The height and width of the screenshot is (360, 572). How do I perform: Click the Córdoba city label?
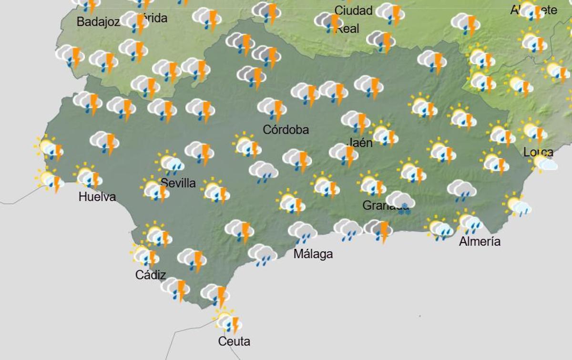pyautogui.click(x=286, y=130)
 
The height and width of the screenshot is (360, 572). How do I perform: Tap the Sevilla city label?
pyautogui.click(x=178, y=183)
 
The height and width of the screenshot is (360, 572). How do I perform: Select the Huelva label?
pyautogui.click(x=97, y=196)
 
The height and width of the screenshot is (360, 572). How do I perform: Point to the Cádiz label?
pyautogui.click(x=151, y=275)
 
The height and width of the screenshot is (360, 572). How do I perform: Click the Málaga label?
pyautogui.click(x=313, y=254)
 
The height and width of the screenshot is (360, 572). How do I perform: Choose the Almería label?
pyautogui.click(x=480, y=242)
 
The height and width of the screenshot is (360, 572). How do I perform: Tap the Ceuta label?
pyautogui.click(x=234, y=341)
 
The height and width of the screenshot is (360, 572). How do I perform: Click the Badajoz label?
pyautogui.click(x=98, y=22)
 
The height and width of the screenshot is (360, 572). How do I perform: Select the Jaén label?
pyautogui.click(x=360, y=143)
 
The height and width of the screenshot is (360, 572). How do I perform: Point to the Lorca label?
pyautogui.click(x=538, y=153)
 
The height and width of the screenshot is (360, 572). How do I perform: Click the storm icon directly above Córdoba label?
pyautogui.click(x=272, y=109)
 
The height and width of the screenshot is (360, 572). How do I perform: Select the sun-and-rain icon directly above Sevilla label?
pyautogui.click(x=170, y=164)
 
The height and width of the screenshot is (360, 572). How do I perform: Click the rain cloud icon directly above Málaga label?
pyautogui.click(x=303, y=232)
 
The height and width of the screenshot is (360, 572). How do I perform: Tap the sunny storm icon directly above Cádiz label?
pyautogui.click(x=145, y=256)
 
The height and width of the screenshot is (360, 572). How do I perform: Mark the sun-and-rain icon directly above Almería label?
pyautogui.click(x=470, y=222)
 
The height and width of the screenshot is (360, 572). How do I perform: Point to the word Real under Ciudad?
pyautogui.click(x=347, y=29)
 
